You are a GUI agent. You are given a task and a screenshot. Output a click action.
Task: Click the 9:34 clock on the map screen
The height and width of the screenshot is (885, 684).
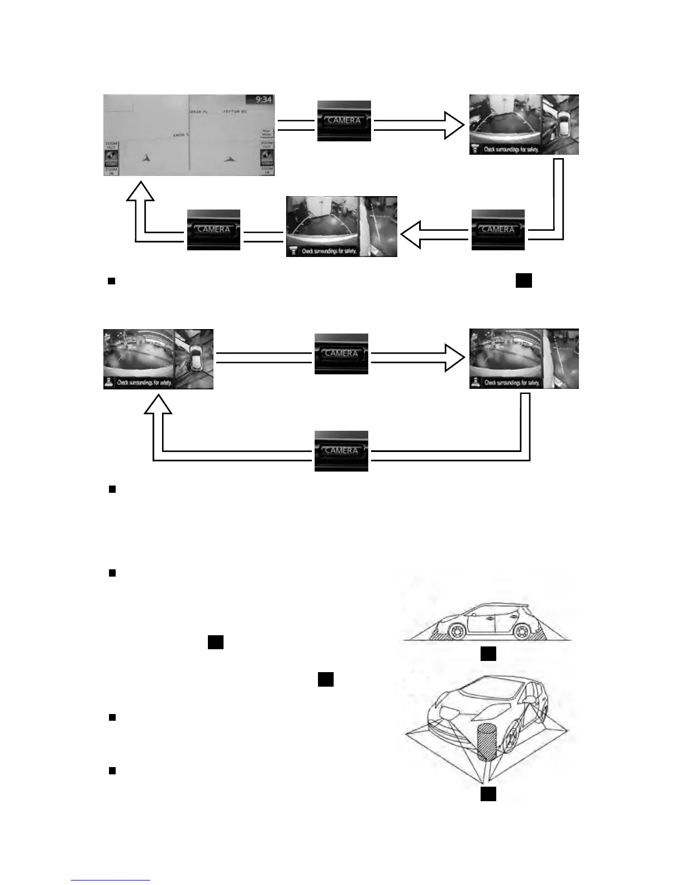[x=263, y=99]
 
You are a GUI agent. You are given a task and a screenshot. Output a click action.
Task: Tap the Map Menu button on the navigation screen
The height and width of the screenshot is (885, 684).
[x=267, y=133]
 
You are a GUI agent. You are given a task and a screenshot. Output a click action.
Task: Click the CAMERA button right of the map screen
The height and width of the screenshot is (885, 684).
[x=344, y=121]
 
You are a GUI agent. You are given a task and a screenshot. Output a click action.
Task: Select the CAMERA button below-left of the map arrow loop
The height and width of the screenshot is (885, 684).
[x=213, y=230]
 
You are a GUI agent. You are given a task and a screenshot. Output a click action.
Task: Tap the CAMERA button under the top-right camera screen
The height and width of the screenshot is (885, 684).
[x=497, y=230]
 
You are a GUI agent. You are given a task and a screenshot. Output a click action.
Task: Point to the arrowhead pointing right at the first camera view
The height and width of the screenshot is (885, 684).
[x=453, y=125]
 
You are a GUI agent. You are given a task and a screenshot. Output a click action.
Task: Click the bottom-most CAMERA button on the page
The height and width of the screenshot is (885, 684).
[x=341, y=451]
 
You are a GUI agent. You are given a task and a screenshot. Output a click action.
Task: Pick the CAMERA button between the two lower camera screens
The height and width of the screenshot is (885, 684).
[x=341, y=354]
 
